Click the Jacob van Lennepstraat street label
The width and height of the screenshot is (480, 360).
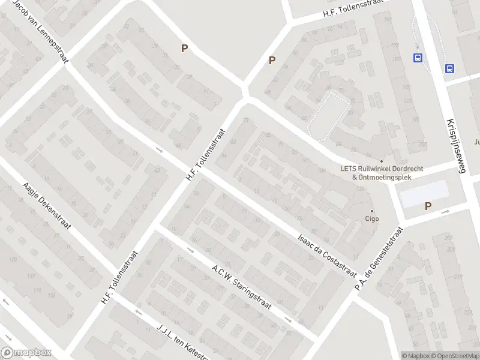(41, 30)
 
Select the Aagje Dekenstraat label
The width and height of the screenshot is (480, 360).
(47, 206)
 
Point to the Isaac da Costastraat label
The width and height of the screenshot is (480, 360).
(326, 254)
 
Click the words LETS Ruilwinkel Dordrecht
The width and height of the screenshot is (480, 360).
(382, 169)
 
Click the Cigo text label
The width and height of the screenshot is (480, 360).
(371, 219)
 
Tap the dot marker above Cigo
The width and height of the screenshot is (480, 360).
(371, 211)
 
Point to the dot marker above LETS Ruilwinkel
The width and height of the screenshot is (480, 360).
(381, 161)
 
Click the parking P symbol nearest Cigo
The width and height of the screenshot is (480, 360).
(428, 206)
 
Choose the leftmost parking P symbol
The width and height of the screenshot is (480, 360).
(184, 49)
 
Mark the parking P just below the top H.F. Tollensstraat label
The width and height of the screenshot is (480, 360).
(272, 60)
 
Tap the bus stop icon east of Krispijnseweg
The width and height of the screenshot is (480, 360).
(449, 68)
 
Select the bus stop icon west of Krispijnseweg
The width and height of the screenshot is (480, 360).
(417, 58)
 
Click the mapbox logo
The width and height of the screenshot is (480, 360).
(26, 353)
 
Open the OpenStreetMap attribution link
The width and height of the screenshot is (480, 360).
(454, 356)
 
